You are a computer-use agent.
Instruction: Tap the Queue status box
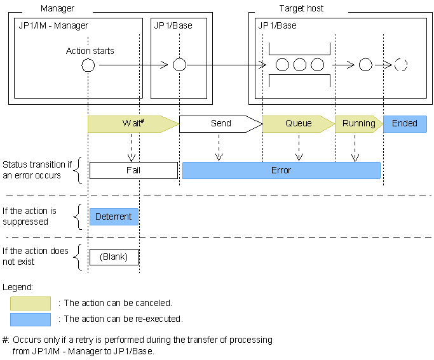coord(298,124)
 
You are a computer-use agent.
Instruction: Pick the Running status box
coord(358,124)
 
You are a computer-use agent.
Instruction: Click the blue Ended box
coord(404,124)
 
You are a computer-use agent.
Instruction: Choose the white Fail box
coord(133,170)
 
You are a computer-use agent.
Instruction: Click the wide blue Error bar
coord(281,170)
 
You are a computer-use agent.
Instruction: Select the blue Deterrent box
coord(113,217)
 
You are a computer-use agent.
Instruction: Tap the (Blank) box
coord(113,257)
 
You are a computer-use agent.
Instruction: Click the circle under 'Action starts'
coord(88,65)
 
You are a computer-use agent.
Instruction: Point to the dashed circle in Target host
coord(400,65)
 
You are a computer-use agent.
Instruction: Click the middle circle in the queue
coord(300,65)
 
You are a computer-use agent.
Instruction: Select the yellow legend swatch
coord(30,303)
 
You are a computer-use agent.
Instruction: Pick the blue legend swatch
coord(30,319)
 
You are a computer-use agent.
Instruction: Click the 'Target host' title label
coord(301,9)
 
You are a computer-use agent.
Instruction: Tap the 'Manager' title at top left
coord(57,9)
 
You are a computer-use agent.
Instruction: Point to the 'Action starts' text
coord(90,51)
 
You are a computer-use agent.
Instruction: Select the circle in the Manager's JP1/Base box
coord(179,65)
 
